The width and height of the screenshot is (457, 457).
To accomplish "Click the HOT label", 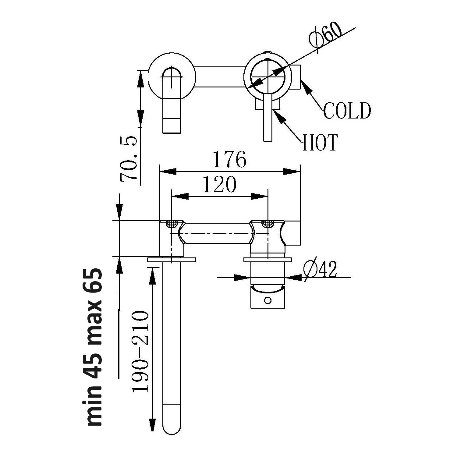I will [320, 143].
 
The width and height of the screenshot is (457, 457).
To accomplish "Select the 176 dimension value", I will [229, 159].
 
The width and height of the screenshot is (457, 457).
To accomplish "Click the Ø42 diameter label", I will [320, 269].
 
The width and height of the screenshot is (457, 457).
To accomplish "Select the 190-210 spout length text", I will [140, 351].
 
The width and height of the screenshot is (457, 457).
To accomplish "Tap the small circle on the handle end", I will [267, 300].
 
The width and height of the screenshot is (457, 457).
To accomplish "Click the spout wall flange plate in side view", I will [172, 260].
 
